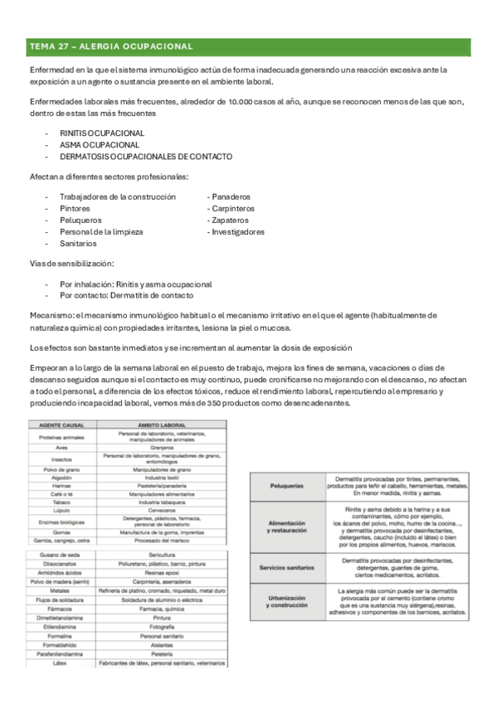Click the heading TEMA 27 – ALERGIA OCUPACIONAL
coord(111,46)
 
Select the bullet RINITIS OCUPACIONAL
coord(102,133)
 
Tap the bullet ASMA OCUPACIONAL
coord(96,144)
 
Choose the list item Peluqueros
coord(81,221)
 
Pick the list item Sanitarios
coord(78,244)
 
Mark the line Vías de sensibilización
coord(72,264)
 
